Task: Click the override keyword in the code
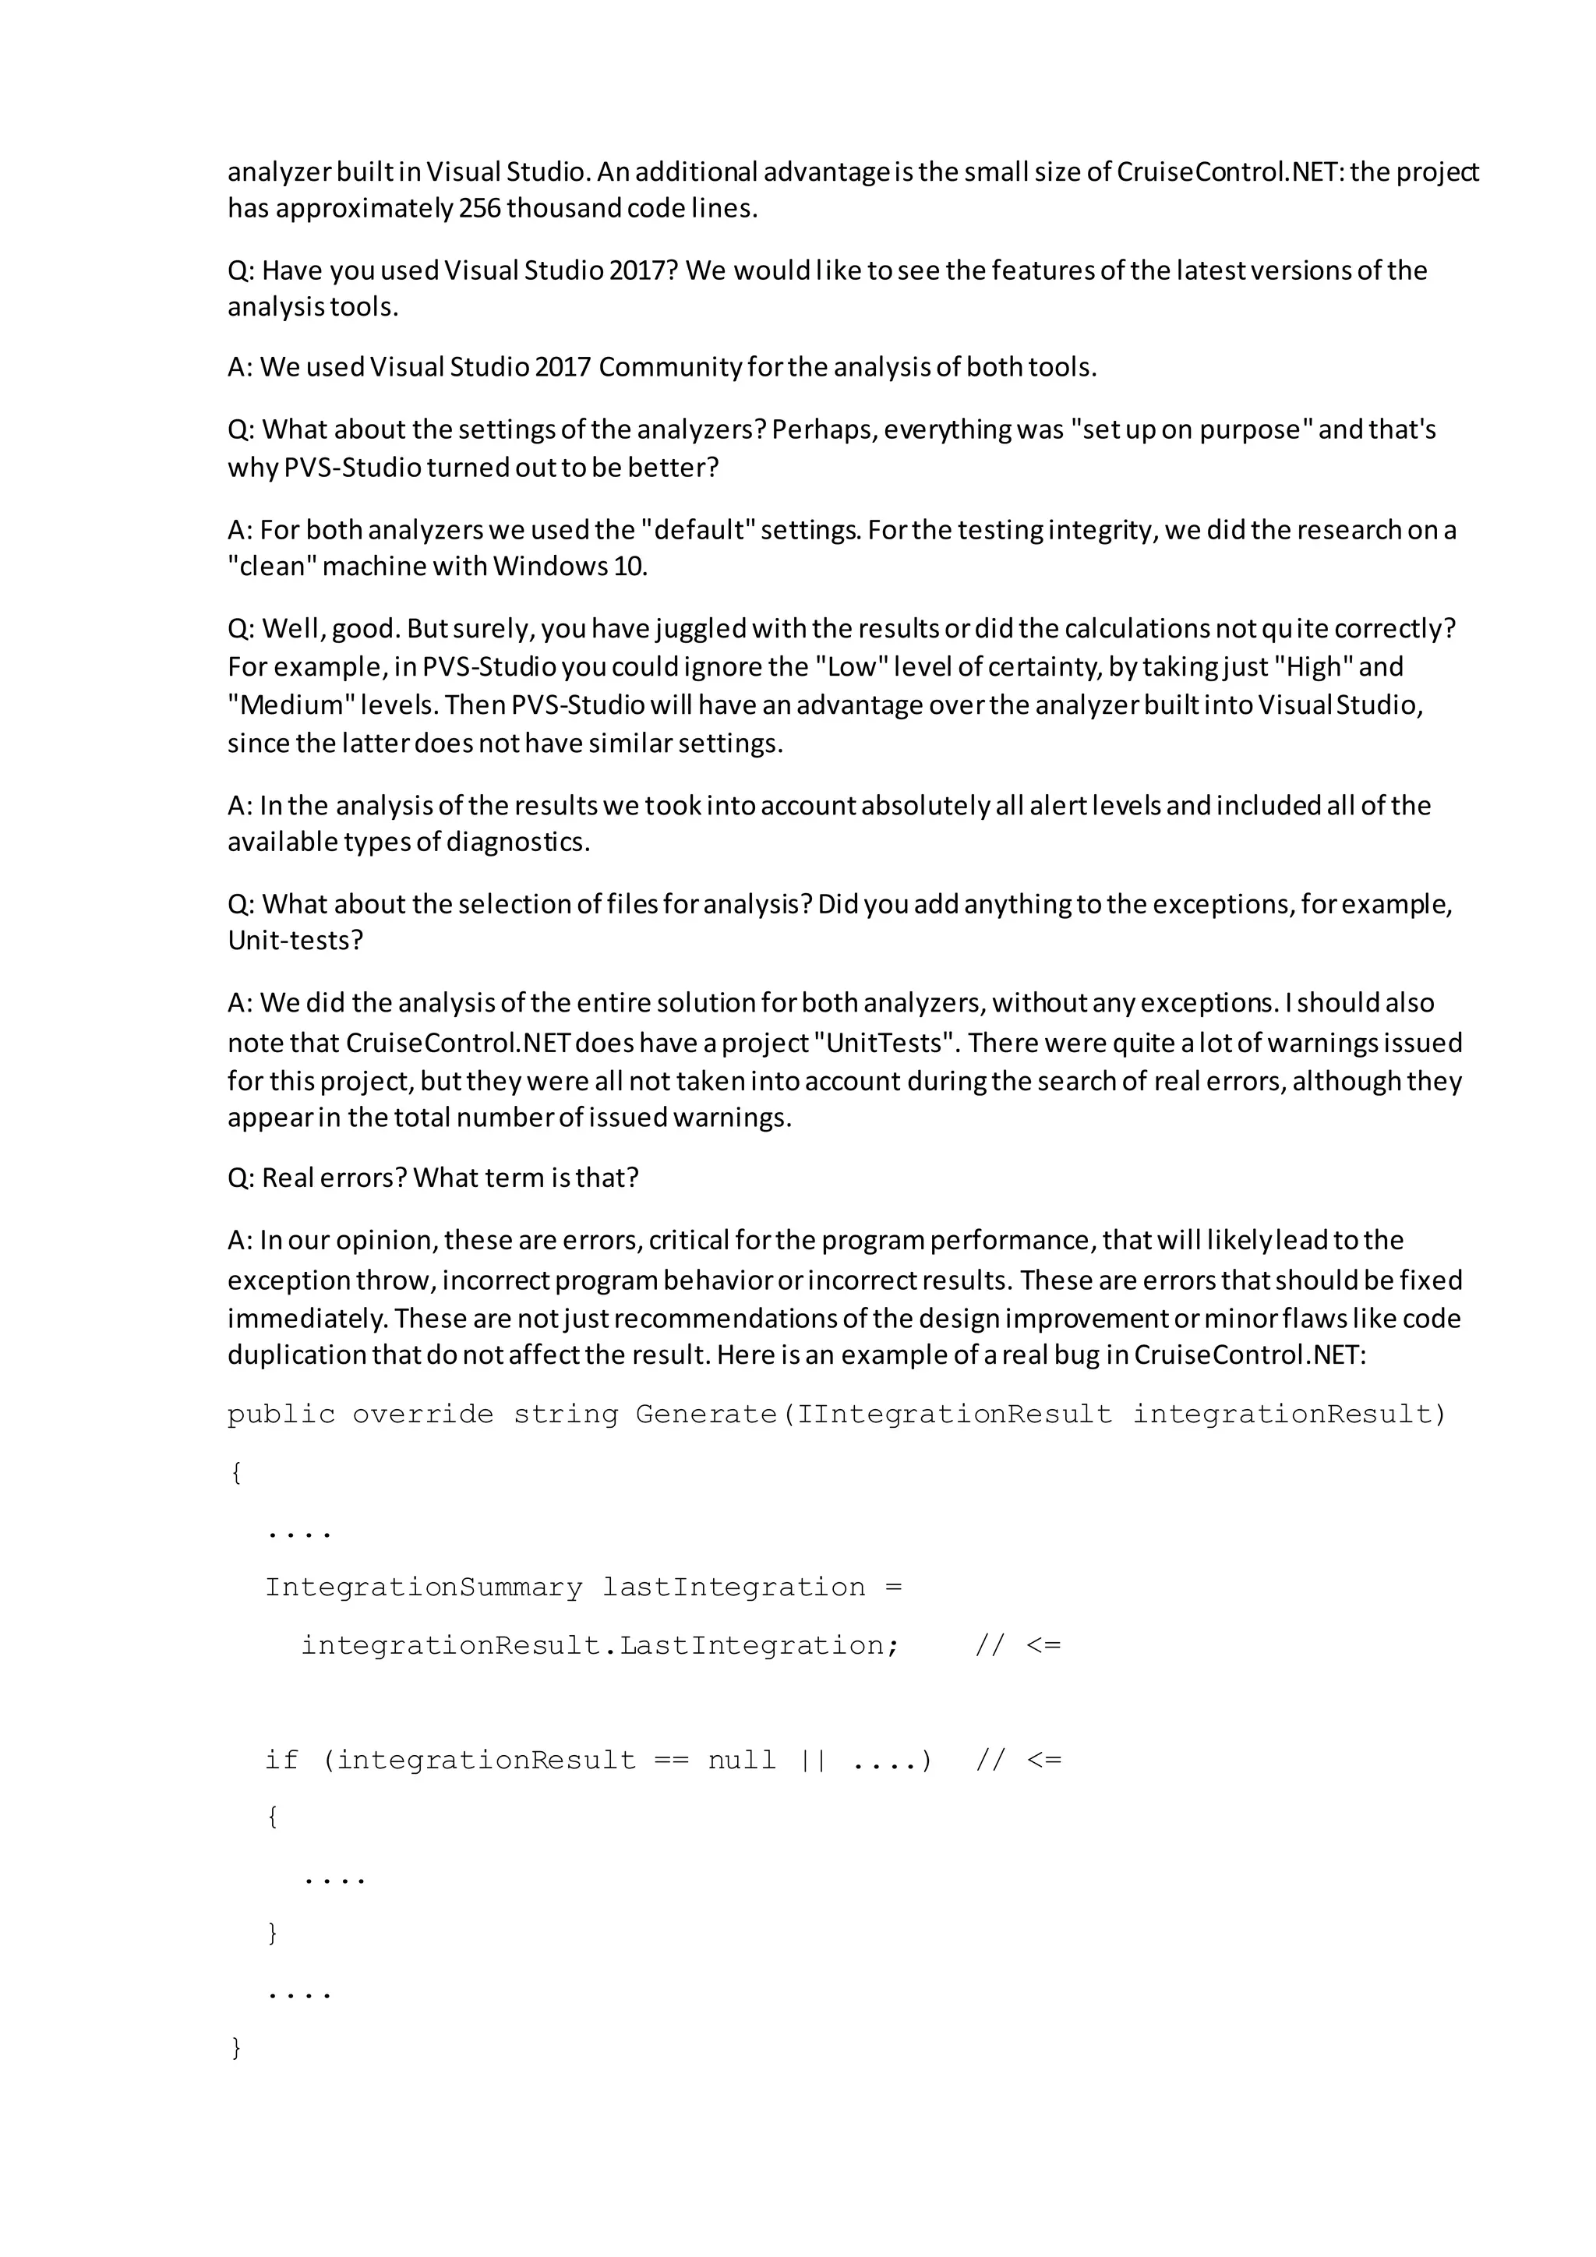422,1415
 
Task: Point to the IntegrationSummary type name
424,1588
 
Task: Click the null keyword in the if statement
742,1761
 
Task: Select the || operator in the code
813,1761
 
